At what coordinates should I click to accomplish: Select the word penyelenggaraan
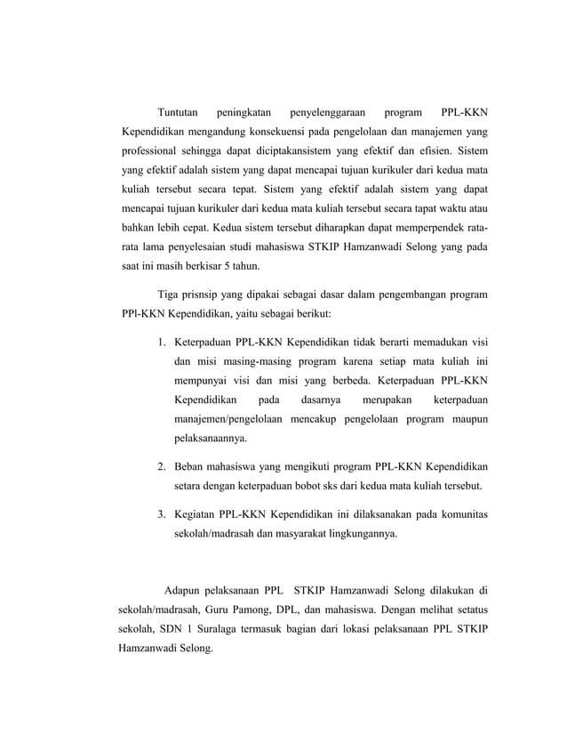coord(325,113)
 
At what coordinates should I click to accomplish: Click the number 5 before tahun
coord(227,265)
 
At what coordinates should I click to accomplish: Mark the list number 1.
coord(161,343)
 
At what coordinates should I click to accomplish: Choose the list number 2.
coord(161,466)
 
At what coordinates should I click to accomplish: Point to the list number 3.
coord(161,515)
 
